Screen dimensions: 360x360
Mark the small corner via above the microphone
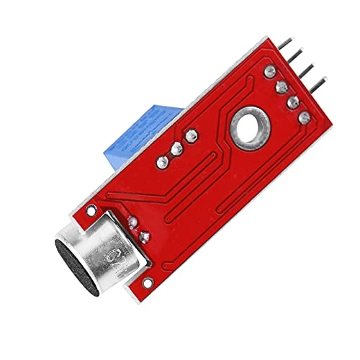click(91, 211)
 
